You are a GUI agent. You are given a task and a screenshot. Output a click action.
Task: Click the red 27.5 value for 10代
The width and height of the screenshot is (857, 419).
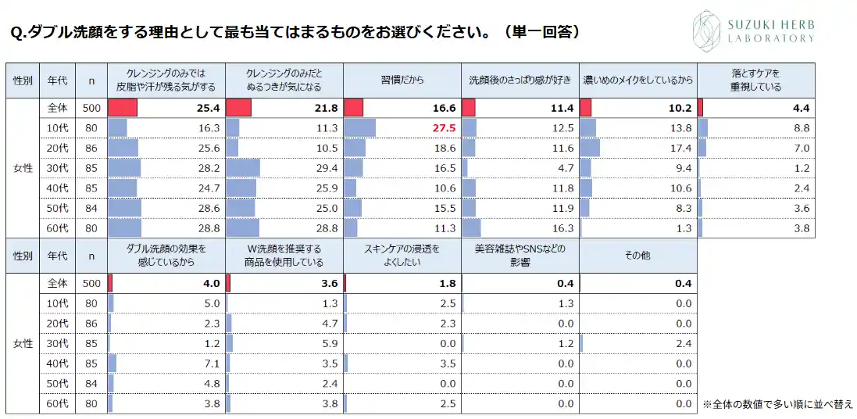pyautogui.click(x=442, y=128)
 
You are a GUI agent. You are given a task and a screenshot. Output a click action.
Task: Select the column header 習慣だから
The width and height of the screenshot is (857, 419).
pyautogui.click(x=402, y=81)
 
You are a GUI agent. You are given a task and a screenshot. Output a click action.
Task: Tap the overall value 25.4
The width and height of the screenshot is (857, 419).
pyautogui.click(x=209, y=108)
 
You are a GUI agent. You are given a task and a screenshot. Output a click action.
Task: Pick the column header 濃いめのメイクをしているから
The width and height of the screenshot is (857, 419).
pyautogui.click(x=638, y=81)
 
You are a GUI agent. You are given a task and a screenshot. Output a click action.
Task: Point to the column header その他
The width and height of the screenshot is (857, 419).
pyautogui.click(x=637, y=256)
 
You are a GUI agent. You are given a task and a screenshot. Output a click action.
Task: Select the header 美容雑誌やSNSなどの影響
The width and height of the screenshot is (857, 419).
pyautogui.click(x=520, y=256)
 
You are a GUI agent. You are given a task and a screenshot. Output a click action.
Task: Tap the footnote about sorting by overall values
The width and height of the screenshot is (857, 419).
pyautogui.click(x=777, y=404)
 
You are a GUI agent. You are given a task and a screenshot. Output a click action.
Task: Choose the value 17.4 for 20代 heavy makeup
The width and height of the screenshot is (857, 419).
pyautogui.click(x=679, y=149)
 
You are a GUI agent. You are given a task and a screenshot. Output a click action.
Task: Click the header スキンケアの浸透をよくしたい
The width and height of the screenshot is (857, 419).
pyautogui.click(x=402, y=256)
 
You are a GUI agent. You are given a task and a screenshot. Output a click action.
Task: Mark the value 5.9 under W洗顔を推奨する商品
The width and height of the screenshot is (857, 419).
pyautogui.click(x=329, y=343)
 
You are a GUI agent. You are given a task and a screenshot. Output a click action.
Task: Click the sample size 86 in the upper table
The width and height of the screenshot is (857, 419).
pyautogui.click(x=91, y=149)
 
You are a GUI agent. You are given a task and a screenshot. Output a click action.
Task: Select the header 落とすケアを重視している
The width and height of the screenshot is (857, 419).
pyautogui.click(x=755, y=81)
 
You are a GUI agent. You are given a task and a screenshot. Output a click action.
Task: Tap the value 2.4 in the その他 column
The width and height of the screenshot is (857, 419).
pyautogui.click(x=683, y=343)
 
